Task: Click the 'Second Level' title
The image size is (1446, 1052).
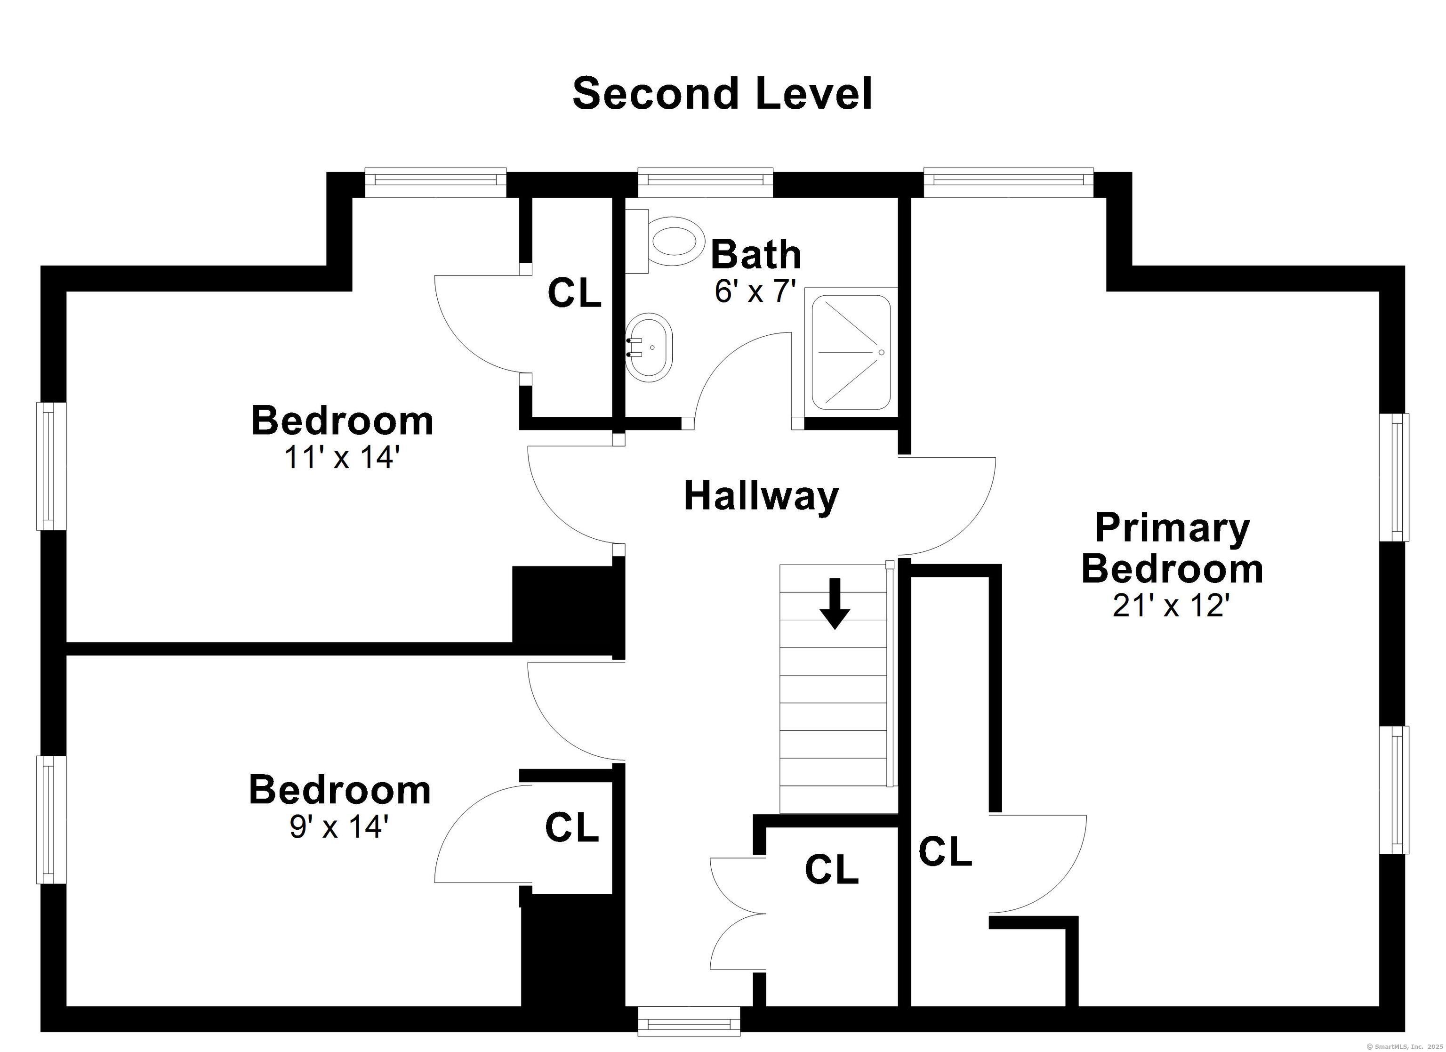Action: [x=723, y=94]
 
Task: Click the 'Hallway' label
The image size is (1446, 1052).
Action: [x=761, y=497]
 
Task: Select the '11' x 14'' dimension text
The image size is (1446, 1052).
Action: [x=342, y=457]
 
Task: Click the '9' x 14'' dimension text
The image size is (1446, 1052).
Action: [x=338, y=827]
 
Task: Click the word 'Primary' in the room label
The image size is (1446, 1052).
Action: [x=1172, y=529]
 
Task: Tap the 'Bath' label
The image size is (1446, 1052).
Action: [x=755, y=255]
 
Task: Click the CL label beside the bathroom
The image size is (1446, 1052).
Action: [x=574, y=293]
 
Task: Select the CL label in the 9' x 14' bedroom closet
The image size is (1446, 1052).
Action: [x=572, y=827]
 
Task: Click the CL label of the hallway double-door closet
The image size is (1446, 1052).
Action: [x=831, y=869]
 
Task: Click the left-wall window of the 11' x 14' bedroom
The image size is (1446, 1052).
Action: [x=51, y=466]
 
